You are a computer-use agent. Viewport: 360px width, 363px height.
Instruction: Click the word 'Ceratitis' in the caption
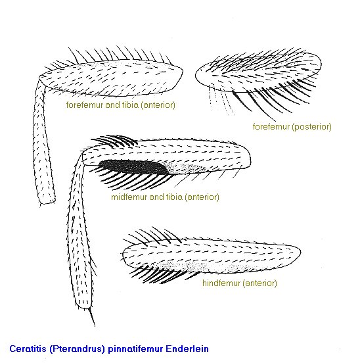[28, 349]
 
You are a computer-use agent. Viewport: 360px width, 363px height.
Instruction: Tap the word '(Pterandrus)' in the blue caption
[78, 349]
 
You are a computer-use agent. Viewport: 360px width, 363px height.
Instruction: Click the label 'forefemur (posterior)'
[292, 127]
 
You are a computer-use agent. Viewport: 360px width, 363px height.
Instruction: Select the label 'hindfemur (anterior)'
[240, 283]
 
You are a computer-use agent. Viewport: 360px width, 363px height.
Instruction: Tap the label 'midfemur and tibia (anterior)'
[165, 197]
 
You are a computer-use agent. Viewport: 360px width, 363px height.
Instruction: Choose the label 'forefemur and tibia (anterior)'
[121, 105]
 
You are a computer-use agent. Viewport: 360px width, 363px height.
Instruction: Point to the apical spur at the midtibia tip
[91, 317]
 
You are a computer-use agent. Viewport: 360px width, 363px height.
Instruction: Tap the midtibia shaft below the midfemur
[79, 231]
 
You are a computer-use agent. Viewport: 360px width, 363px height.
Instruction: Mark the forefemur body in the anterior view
[111, 78]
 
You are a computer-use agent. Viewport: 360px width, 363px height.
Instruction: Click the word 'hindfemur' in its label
[221, 283]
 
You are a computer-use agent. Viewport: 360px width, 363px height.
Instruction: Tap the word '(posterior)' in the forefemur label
[311, 127]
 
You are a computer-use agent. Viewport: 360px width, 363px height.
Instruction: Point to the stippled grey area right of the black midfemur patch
[185, 167]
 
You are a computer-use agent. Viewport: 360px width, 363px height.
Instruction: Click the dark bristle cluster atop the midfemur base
[114, 141]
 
